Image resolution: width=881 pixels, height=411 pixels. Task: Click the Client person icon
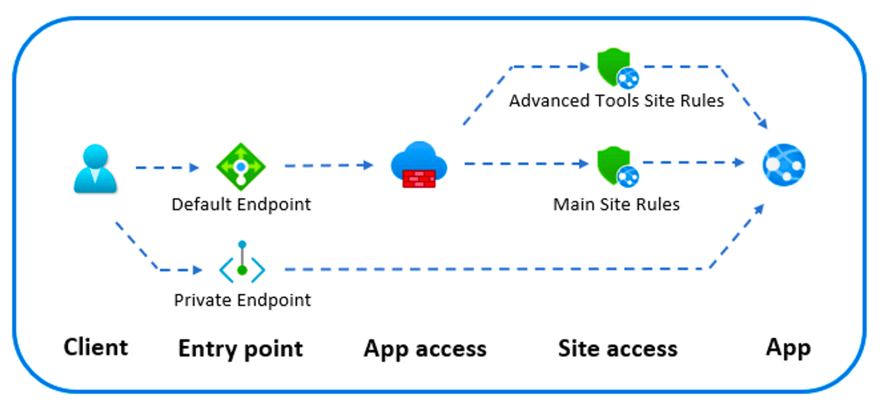(95, 168)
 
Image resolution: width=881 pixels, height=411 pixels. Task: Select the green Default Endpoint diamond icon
(241, 167)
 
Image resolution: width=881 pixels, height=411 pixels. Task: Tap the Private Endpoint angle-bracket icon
(242, 264)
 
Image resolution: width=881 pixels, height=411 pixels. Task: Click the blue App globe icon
(784, 165)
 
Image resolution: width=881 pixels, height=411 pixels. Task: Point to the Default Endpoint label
(241, 205)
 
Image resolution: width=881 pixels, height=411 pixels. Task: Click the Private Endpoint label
(242, 300)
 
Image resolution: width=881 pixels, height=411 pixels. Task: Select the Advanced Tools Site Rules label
(617, 101)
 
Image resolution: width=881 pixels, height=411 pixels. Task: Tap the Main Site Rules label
(616, 205)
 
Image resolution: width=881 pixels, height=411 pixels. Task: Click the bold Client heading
(96, 347)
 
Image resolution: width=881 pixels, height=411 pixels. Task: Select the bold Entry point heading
(240, 349)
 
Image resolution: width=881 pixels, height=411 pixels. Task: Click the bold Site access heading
(617, 349)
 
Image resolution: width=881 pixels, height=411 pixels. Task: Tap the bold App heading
(788, 347)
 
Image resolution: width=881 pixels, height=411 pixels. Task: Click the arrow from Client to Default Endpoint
(167, 168)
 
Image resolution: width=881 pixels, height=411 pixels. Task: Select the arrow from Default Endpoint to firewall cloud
(328, 166)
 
